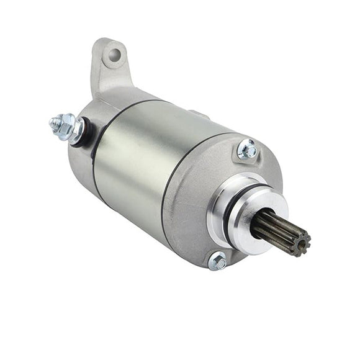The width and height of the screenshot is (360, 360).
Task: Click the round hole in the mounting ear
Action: point(114,55)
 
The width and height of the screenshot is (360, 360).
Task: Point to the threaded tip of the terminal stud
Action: point(53,121)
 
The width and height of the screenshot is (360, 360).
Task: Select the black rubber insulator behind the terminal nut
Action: point(85,133)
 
